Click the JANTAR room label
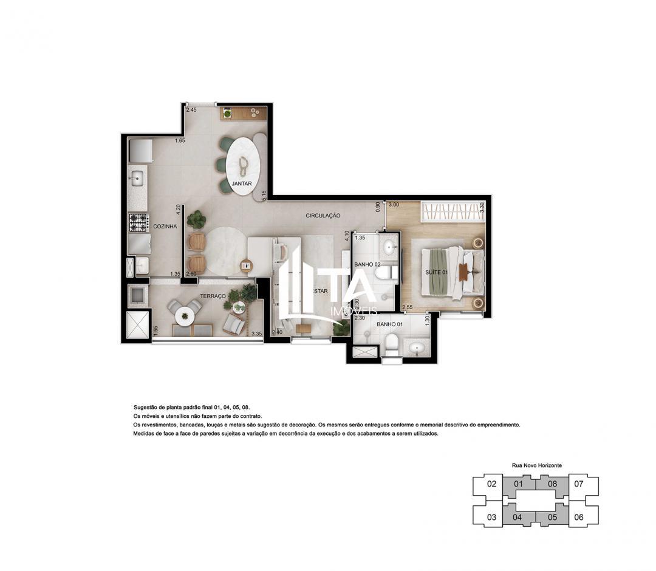[241, 183]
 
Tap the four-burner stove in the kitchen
[138, 222]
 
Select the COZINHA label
[165, 226]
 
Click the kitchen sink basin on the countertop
[137, 178]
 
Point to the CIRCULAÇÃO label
[323, 216]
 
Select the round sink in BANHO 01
[418, 349]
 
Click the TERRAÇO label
[213, 296]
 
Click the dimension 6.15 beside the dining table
[264, 195]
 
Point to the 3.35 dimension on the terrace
[256, 333]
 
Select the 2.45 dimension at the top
[191, 110]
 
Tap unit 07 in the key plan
[578, 484]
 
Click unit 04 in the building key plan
[518, 518]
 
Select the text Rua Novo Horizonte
[536, 465]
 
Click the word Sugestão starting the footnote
[145, 407]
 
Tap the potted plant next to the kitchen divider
[196, 219]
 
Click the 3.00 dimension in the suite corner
[394, 205]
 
